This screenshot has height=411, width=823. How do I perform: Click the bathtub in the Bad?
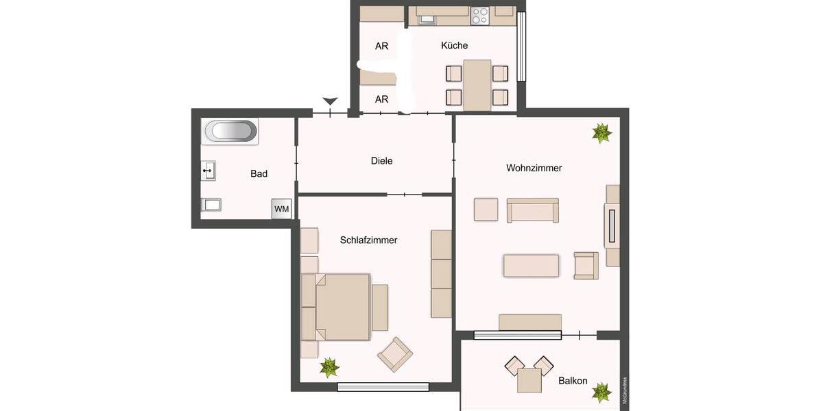pyautogui.click(x=230, y=130)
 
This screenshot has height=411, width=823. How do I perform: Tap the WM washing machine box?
pyautogui.click(x=281, y=209)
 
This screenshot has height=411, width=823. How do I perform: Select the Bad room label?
pyautogui.click(x=259, y=174)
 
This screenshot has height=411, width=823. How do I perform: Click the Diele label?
pyautogui.click(x=381, y=161)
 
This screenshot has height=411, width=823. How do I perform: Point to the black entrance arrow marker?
pyautogui.click(x=331, y=101)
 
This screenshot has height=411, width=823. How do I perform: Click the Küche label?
pyautogui.click(x=454, y=45)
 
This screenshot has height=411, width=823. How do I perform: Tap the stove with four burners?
pyautogui.click(x=479, y=16)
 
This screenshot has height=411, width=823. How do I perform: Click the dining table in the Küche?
pyautogui.click(x=477, y=85)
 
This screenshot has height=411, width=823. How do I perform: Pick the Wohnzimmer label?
pyautogui.click(x=534, y=168)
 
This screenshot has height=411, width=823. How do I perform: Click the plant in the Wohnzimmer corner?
pyautogui.click(x=601, y=133)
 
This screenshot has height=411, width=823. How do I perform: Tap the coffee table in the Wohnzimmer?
pyautogui.click(x=531, y=266)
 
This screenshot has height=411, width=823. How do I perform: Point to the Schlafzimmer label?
pyautogui.click(x=368, y=240)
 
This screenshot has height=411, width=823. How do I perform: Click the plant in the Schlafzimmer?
pyautogui.click(x=330, y=368)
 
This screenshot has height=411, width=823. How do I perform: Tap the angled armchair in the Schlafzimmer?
pyautogui.click(x=395, y=354)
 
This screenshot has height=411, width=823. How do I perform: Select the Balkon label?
pyautogui.click(x=572, y=380)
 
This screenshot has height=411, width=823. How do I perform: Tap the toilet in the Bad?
pyautogui.click(x=211, y=204)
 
